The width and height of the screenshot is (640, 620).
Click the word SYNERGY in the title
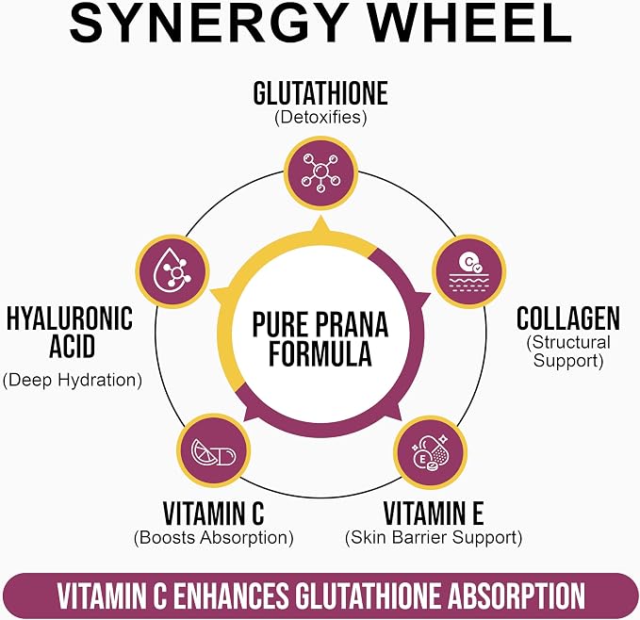coord(206,23)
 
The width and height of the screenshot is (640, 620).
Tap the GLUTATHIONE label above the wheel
coord(320,93)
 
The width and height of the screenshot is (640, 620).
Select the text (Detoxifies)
coord(320,118)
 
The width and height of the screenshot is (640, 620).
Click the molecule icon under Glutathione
coord(320,172)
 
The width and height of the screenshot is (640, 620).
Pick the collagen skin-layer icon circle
coord(469,271)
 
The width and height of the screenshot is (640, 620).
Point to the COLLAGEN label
coord(567,318)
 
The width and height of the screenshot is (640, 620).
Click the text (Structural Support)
coord(567,351)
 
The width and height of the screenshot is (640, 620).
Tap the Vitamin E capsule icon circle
coord(431,453)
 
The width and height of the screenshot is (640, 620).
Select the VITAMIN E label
coord(434,513)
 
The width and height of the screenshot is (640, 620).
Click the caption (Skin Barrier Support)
coord(434,538)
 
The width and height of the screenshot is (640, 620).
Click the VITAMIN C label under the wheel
coord(213,513)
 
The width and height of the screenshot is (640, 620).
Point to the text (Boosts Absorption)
coord(213,538)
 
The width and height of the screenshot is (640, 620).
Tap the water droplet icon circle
coord(172,271)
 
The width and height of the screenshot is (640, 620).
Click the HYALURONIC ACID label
coord(70,332)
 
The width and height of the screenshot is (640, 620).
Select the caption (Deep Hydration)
coord(73,380)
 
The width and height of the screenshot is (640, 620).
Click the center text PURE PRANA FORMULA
coord(320,338)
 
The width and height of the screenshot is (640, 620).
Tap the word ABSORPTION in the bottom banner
coord(517,596)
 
